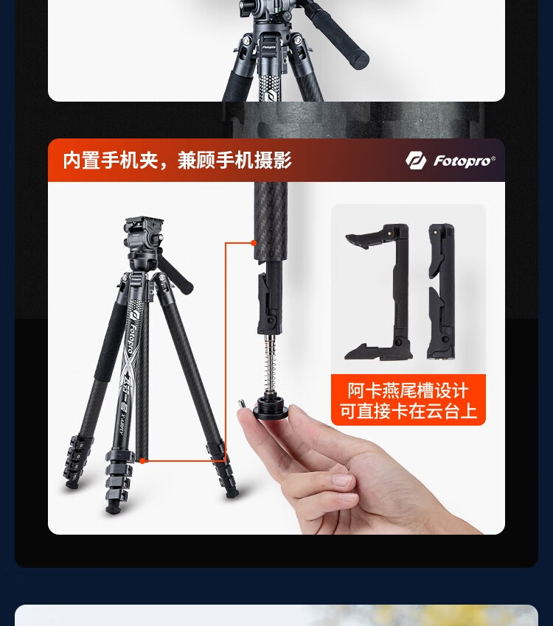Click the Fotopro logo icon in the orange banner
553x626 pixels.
[417, 161]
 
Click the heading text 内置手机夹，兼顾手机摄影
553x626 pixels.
[177, 161]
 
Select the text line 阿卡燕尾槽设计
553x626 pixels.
[408, 390]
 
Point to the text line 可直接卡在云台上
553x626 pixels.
[408, 411]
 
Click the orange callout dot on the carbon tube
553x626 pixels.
[254, 243]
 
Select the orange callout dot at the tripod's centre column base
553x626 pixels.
[142, 461]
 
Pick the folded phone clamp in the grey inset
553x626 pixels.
[442, 292]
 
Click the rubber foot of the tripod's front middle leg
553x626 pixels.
[113, 509]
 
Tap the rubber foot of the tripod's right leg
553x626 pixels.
[232, 494]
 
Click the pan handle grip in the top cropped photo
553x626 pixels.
[339, 34]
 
